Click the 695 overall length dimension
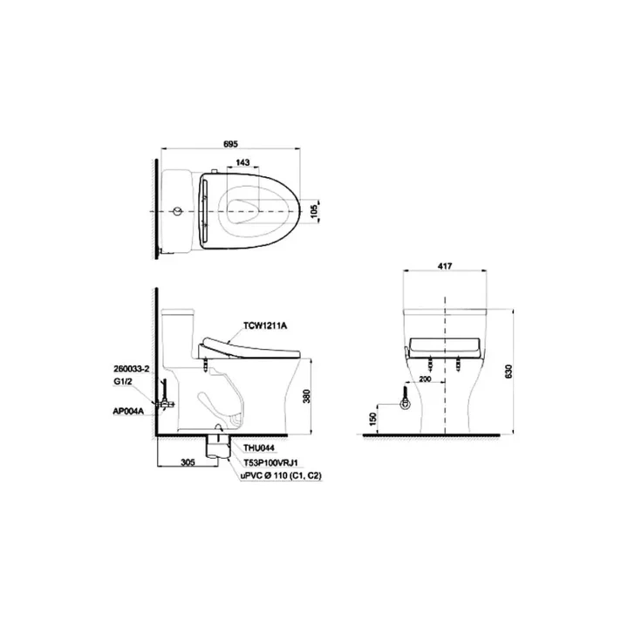(x=230, y=143)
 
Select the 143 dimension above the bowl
(x=242, y=162)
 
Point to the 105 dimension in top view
(x=314, y=212)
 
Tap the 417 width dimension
(x=445, y=266)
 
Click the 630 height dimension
(x=509, y=372)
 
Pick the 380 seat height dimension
(x=307, y=396)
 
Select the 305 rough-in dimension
(x=188, y=462)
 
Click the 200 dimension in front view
(x=425, y=379)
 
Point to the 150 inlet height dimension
(x=373, y=419)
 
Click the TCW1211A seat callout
(x=265, y=325)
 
